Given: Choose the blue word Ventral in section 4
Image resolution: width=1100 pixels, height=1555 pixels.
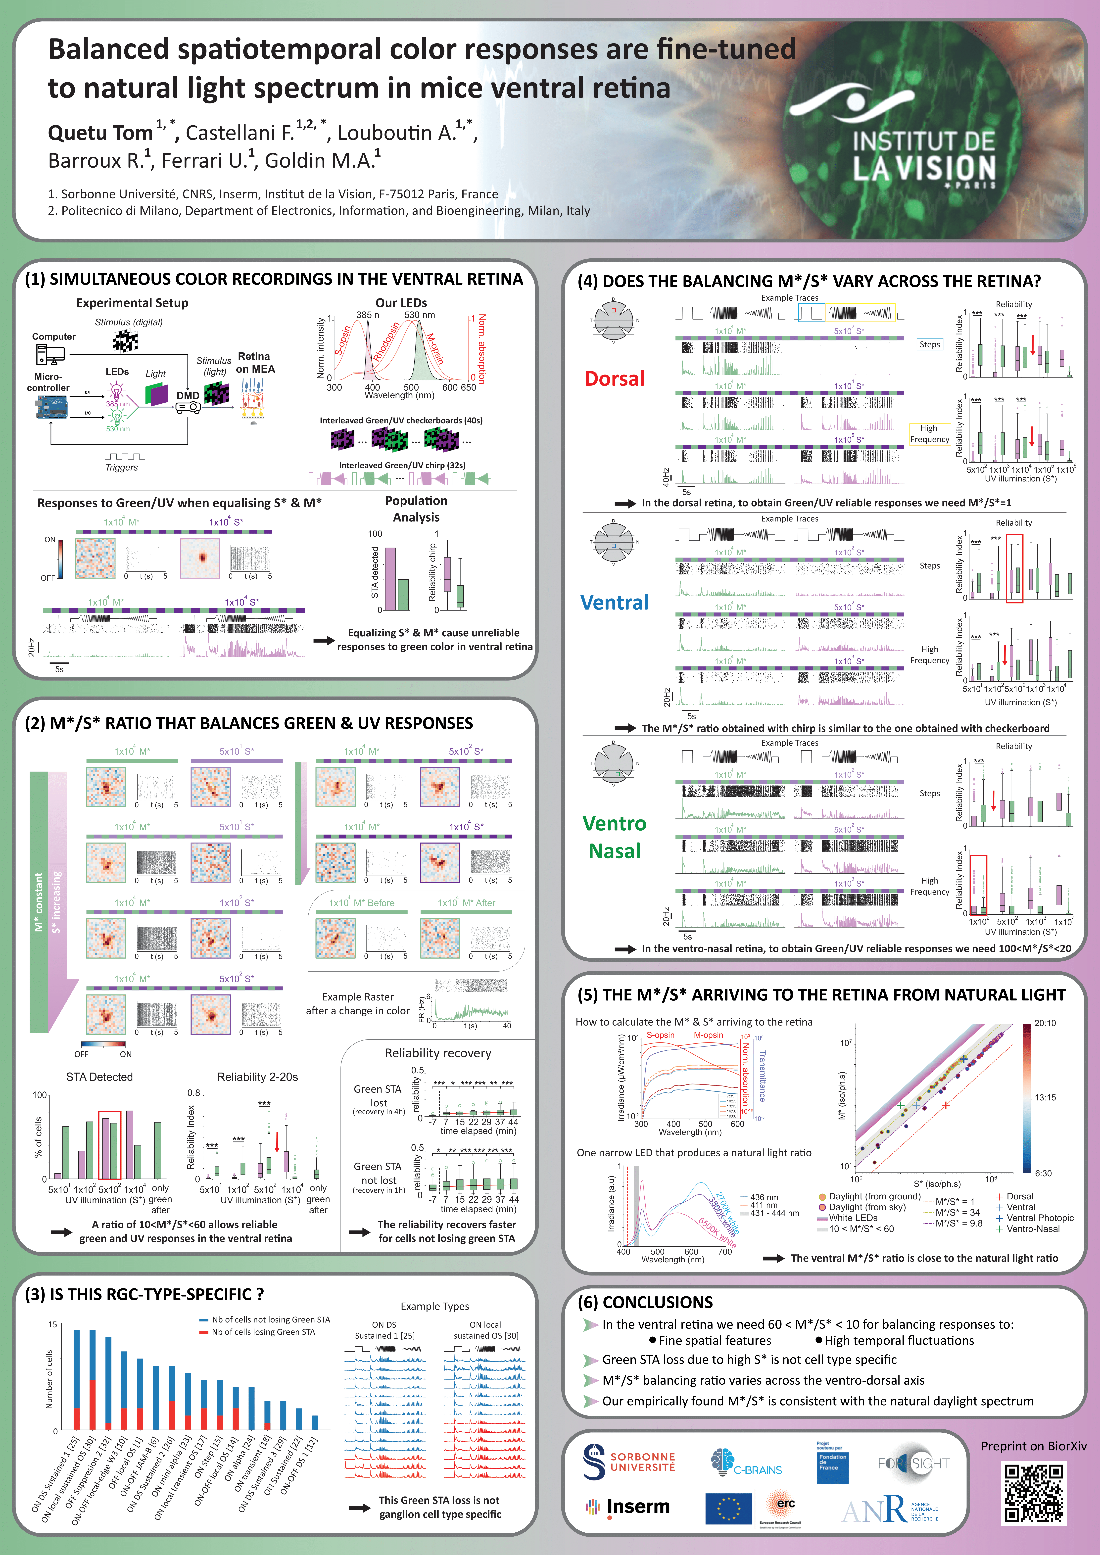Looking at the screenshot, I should click(614, 602).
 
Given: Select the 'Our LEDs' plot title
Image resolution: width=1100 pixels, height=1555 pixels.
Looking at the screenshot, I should click(401, 303).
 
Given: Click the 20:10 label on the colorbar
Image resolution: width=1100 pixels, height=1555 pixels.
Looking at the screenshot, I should click(1045, 1023).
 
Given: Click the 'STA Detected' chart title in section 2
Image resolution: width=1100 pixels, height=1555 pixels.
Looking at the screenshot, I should click(99, 1077).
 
